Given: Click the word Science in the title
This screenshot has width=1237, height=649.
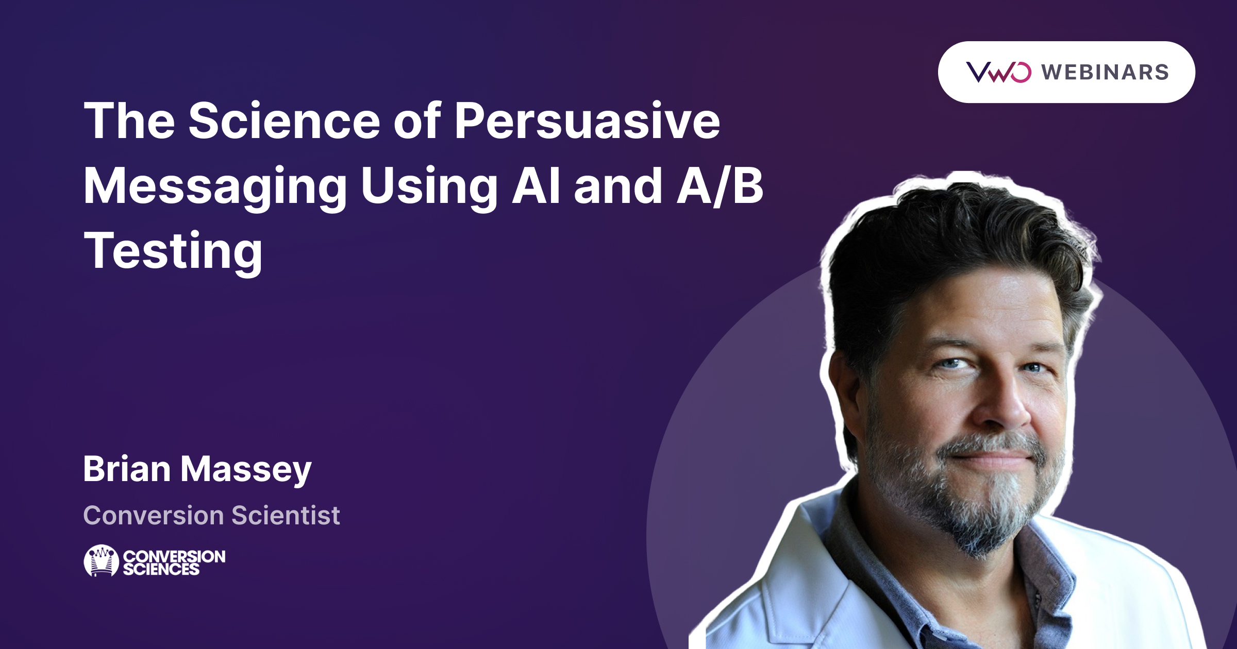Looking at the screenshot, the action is (285, 121).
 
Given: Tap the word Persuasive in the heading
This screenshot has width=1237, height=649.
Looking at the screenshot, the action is (587, 121).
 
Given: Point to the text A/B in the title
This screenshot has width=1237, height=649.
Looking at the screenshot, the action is (720, 186).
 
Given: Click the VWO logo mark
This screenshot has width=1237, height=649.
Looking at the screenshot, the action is (998, 72).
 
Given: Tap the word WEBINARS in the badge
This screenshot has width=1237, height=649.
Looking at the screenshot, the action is (1105, 72).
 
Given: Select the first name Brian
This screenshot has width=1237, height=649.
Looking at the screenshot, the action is (127, 469).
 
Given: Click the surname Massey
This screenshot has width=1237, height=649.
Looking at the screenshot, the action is (246, 471).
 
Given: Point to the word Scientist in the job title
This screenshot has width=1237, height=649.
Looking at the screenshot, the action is (286, 515).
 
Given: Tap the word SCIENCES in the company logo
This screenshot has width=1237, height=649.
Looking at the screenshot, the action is (161, 569).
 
